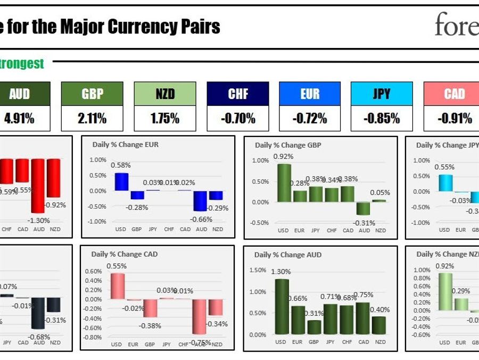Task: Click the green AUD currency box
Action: pyautogui.click(x=20, y=94)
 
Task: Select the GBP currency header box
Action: pyautogui.click(x=92, y=94)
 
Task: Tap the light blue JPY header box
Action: pyautogui.click(x=382, y=94)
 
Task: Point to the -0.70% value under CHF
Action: pyautogui.click(x=238, y=118)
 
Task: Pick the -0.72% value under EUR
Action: pyautogui.click(x=310, y=118)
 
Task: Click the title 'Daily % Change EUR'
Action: pyautogui.click(x=126, y=144)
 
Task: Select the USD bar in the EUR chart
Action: pyautogui.click(x=121, y=182)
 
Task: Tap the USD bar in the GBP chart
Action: pyautogui.click(x=284, y=183)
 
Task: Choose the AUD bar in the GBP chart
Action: pyautogui.click(x=364, y=208)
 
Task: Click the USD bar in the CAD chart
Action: pyautogui.click(x=117, y=286)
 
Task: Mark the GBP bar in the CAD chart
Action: pyautogui.click(x=150, y=308)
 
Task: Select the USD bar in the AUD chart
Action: pyautogui.click(x=282, y=307)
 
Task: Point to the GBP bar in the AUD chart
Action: pyautogui.click(x=314, y=326)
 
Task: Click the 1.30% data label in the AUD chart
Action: pyautogui.click(x=282, y=272)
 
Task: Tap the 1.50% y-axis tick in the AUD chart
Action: pyautogui.click(x=258, y=271)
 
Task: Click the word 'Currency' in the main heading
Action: pyautogui.click(x=140, y=27)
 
